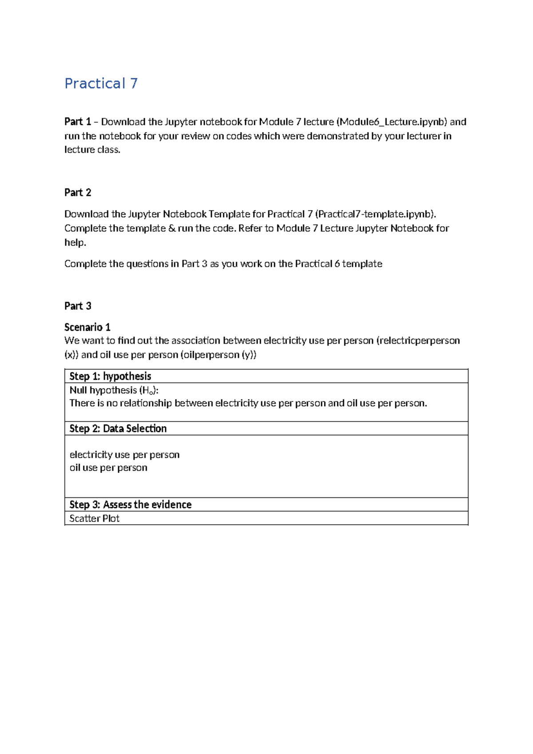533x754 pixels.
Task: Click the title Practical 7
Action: tap(101, 84)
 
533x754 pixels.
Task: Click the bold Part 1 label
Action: tap(78, 122)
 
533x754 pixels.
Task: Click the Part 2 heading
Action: tap(78, 193)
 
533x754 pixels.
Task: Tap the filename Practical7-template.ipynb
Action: tap(375, 214)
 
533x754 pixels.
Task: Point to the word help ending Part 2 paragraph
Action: tap(75, 243)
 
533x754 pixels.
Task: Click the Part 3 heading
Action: tap(78, 306)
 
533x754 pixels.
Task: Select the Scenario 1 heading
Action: tap(87, 327)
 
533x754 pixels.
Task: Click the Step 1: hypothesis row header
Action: tap(110, 376)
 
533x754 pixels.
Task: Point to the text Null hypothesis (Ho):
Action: tap(114, 390)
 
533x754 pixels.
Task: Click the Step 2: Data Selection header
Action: tap(118, 429)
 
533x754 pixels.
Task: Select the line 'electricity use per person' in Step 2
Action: tap(124, 455)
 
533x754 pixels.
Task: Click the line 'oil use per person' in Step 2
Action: tap(108, 468)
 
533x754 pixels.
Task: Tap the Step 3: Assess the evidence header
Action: tap(130, 505)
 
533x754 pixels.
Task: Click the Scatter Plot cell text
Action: tap(94, 518)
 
